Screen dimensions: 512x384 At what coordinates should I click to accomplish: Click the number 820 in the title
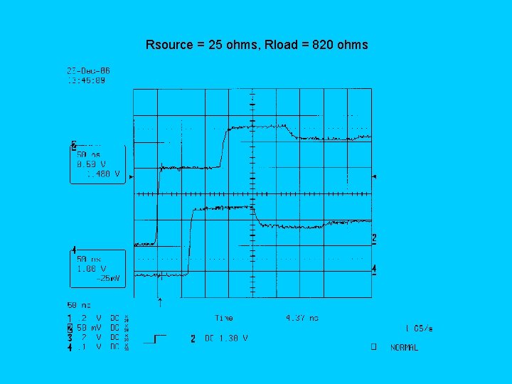323,45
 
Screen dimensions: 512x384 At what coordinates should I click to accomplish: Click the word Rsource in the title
169,45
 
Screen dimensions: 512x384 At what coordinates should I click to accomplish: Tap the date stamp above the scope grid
88,71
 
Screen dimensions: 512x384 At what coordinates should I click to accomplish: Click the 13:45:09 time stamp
86,80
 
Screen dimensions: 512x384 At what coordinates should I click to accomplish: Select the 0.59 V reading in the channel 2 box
91,164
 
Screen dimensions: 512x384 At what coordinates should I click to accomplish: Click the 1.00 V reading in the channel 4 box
91,269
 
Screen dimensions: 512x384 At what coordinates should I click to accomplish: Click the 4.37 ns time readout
302,318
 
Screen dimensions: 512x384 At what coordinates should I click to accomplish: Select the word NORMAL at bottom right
404,348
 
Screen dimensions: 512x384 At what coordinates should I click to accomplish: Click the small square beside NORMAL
371,348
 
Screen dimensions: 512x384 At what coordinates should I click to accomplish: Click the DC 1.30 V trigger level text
226,338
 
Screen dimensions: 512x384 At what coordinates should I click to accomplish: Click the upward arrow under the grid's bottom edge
159,302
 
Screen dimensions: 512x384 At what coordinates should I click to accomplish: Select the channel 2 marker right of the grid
374,238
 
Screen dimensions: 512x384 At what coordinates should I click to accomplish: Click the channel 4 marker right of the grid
374,269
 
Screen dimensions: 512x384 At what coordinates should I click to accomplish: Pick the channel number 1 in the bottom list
69,319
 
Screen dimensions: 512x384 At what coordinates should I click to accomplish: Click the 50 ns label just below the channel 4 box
80,304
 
